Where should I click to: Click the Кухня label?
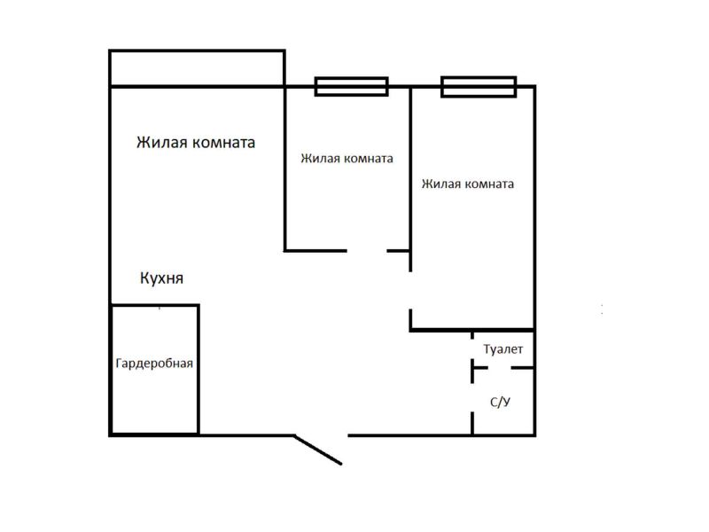point(162,278)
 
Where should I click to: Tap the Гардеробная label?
point(154,364)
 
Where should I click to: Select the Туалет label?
point(503,349)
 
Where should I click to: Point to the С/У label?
point(500,402)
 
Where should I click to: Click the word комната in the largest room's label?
point(224,143)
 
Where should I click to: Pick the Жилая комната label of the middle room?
point(347,159)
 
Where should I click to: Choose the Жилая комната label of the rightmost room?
point(468,184)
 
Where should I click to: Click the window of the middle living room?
point(351,86)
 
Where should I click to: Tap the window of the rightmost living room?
point(479,86)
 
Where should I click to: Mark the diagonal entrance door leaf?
point(318,450)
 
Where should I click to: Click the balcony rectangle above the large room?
point(197,50)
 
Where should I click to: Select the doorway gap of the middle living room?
point(367,251)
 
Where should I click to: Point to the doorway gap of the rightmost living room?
point(410,291)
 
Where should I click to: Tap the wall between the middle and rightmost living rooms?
point(410,179)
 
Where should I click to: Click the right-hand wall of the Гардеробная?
point(199,370)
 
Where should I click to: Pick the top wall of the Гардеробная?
point(154,305)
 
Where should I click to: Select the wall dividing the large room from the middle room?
point(284,168)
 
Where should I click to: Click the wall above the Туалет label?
point(472,330)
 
